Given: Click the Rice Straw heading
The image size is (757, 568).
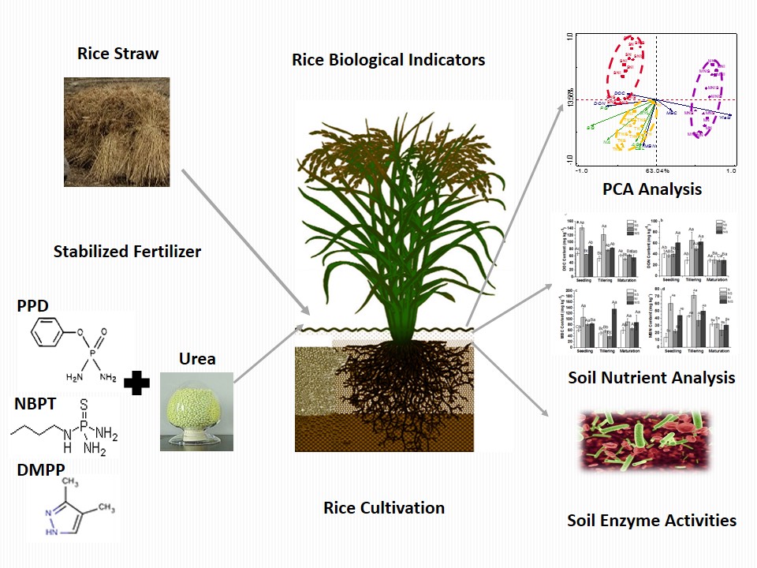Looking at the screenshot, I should coord(117,54).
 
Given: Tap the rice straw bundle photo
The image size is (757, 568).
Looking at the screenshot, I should coord(116,131).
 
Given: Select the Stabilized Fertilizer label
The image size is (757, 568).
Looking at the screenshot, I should coord(127,252).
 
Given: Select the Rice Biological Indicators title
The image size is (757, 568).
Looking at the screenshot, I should coord(388,59).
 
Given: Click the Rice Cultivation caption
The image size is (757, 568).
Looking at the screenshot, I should coord(384,507).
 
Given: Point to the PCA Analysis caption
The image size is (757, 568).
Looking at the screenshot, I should coord(651,189).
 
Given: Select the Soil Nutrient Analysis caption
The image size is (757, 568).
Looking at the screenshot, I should coord(651,377).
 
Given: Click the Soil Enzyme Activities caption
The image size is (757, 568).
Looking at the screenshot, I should coord(651,520).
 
